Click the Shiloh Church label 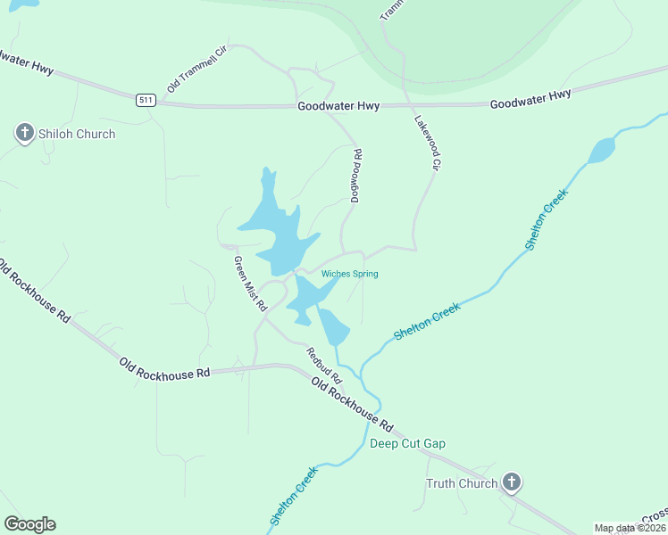(76, 134)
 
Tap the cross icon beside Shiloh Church (24, 134)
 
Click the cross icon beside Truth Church (511, 483)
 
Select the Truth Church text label (460, 483)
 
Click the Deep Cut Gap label (407, 443)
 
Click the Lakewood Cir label (428, 142)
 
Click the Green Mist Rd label (250, 283)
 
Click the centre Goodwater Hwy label (338, 106)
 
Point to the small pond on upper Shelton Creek (602, 149)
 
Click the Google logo (29, 524)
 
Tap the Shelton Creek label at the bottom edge (293, 496)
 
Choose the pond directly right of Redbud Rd (334, 327)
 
